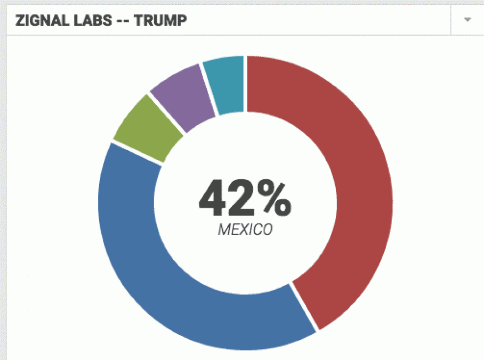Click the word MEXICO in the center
[x=245, y=230]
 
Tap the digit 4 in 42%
[x=217, y=198]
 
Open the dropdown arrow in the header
[x=467, y=20]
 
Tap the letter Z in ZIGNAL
[x=19, y=21]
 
